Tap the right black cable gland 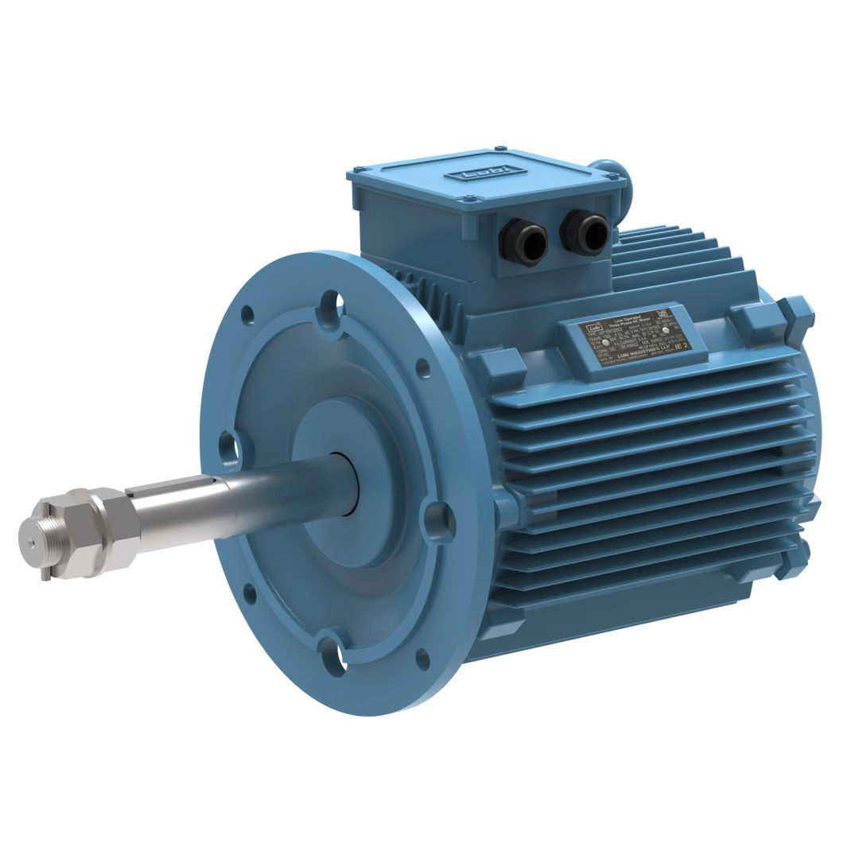point(585,231)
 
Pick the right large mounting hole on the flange point(437,521)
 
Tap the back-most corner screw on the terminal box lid point(500,148)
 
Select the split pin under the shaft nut point(46,571)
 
